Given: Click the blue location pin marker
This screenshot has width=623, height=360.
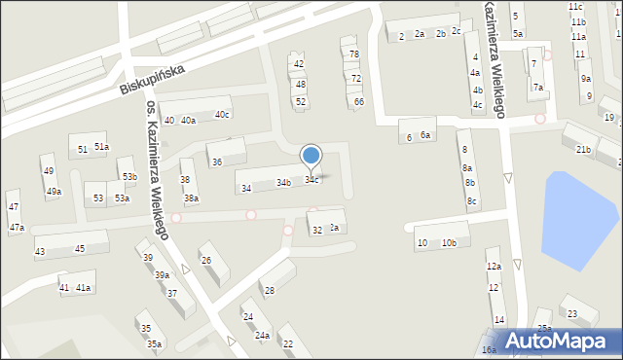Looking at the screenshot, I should click(311, 155).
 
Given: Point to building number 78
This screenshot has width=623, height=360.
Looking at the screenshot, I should click(354, 54).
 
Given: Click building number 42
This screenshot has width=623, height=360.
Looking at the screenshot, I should click(299, 64).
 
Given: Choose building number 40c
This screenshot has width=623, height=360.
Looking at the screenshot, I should click(222, 115).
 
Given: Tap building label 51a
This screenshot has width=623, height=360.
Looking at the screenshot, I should click(101, 146).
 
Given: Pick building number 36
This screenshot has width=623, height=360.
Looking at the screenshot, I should click(216, 162).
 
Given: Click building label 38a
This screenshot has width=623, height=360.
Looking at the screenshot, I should click(192, 198).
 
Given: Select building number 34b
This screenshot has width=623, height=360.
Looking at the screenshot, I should click(283, 183).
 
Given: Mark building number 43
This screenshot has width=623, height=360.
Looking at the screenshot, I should click(40, 252).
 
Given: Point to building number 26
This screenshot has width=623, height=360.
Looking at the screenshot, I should click(205, 260).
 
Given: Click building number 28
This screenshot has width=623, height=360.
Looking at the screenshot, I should click(269, 291).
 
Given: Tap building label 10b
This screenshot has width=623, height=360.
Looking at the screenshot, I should click(448, 242).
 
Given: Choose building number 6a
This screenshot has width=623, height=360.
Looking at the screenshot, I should click(425, 135).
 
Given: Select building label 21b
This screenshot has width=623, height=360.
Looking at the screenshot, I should click(582, 149).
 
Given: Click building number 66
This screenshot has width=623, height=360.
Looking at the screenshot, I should click(359, 102).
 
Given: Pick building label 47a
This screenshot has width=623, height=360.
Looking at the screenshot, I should click(17, 228).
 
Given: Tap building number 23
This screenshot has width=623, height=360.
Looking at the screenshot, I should click(572, 313).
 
